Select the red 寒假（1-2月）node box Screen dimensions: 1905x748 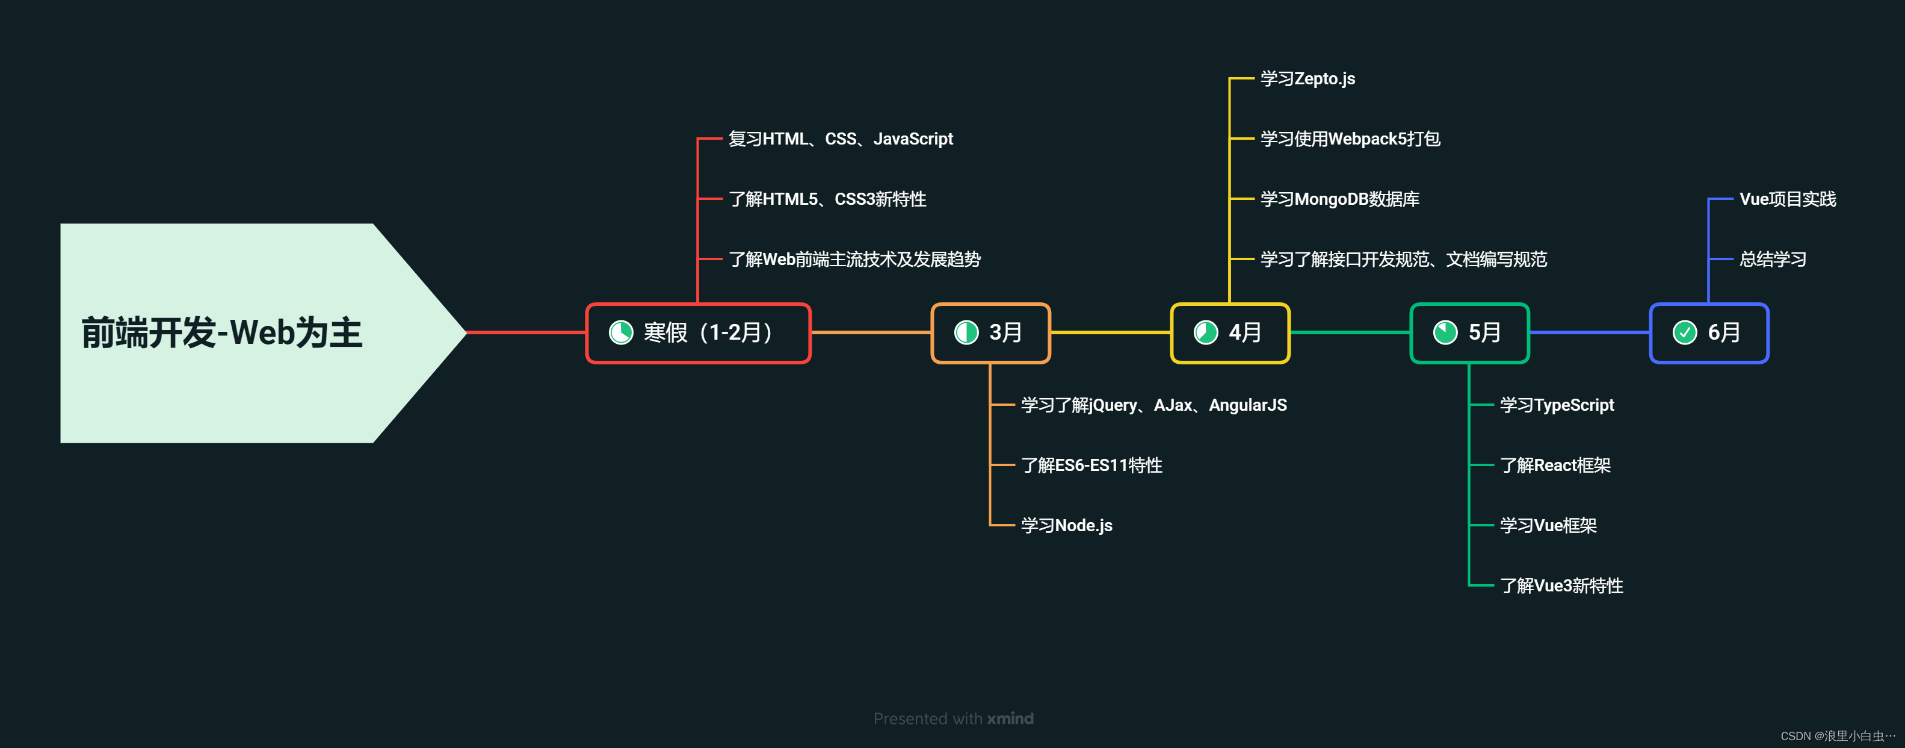point(698,333)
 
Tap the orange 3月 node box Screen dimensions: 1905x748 point(990,333)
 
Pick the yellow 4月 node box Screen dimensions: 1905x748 point(1230,333)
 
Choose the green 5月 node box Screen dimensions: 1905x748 point(1469,333)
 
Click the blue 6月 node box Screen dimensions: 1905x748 point(1709,333)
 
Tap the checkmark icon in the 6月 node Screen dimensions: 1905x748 point(1685,333)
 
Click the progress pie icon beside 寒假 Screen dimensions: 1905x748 point(620,333)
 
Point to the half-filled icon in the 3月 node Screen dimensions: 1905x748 point(966,333)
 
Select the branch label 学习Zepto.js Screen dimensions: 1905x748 point(1308,78)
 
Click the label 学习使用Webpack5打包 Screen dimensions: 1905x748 point(1350,139)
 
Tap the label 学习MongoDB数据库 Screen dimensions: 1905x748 point(1339,199)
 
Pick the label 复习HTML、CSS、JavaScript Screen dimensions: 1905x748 point(840,139)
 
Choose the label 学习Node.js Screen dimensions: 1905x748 point(1066,525)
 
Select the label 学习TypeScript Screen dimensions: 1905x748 point(1557,405)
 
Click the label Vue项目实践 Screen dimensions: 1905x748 point(1788,199)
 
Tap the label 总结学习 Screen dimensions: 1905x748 point(1773,260)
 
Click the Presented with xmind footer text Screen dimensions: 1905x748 point(953,718)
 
